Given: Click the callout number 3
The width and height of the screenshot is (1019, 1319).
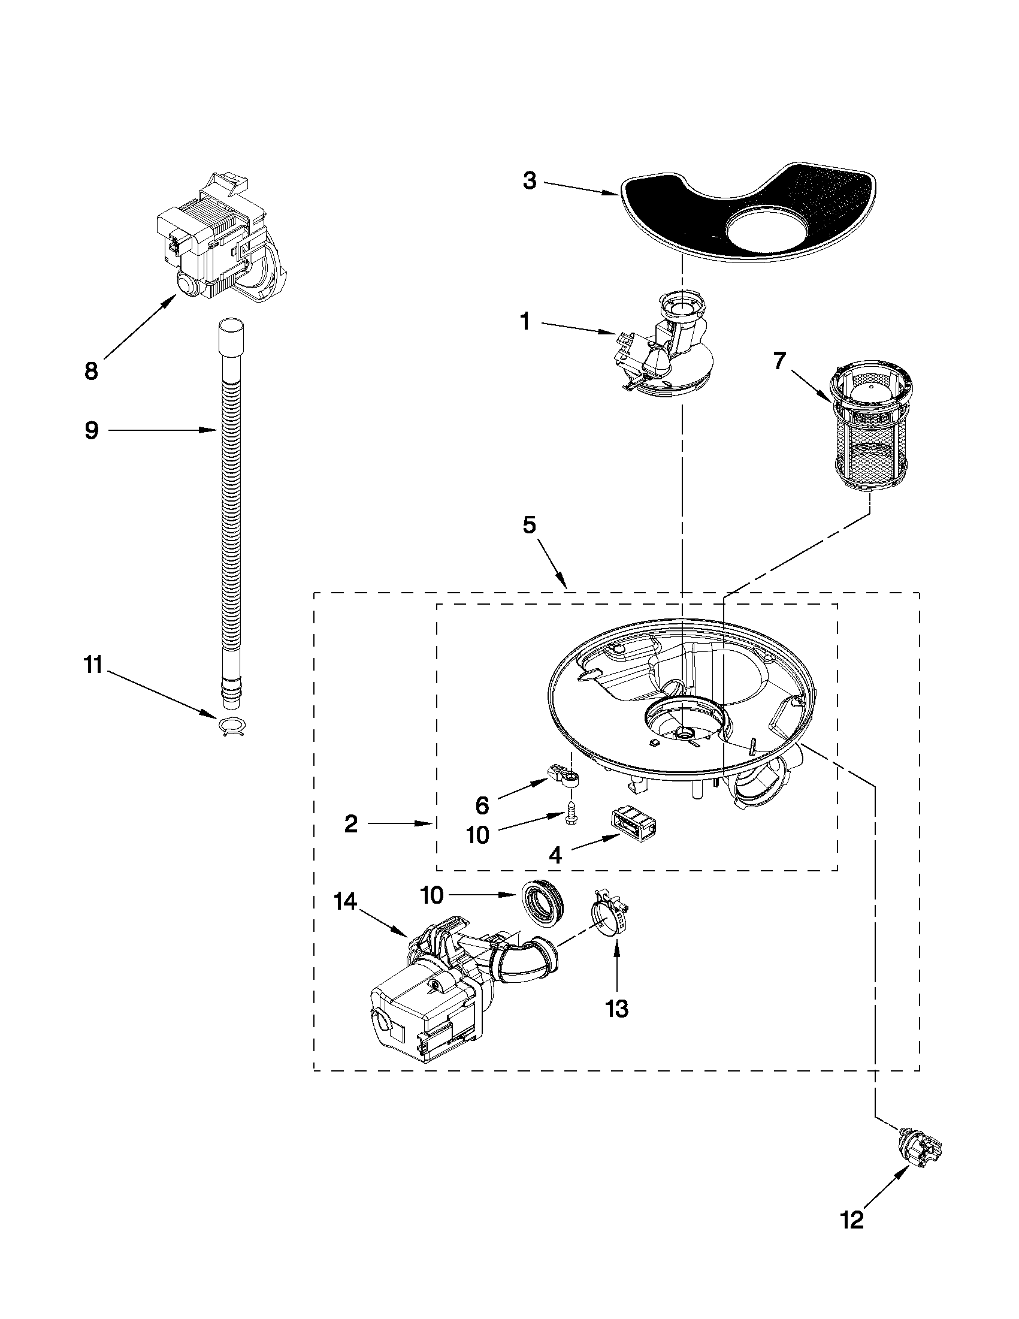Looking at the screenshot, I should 530,180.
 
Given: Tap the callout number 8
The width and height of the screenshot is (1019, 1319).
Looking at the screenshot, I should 91,371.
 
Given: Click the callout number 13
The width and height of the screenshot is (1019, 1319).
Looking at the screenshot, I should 617,1008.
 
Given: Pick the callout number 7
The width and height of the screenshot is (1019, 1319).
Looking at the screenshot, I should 779,361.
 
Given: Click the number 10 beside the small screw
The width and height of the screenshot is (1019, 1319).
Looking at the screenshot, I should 477,835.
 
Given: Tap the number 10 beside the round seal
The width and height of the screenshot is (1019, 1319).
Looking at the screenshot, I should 433,896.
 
